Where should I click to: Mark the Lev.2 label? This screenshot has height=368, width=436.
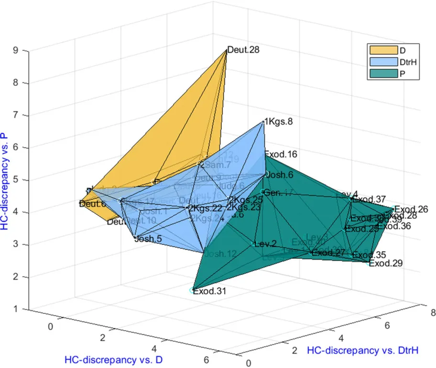(x=266, y=244)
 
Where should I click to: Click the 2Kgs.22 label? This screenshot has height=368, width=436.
(x=206, y=208)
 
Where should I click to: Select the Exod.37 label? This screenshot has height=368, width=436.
(x=369, y=199)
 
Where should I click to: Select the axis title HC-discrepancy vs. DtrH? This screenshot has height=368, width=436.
(x=362, y=351)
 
